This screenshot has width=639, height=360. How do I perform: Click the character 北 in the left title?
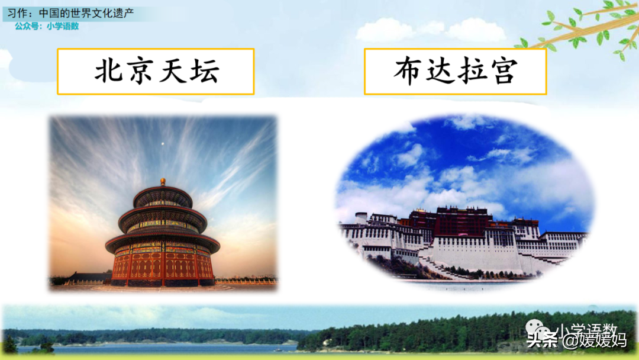pos(109,71)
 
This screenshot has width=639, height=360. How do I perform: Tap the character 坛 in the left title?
pos(204,71)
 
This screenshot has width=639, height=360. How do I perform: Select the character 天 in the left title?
pos(173,71)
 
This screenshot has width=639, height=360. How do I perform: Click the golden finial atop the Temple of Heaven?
pos(163,182)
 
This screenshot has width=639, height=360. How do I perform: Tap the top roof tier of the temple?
pos(163,196)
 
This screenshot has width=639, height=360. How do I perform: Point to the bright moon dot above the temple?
pos(163,143)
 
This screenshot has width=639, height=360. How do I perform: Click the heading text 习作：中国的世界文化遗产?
pos(70,13)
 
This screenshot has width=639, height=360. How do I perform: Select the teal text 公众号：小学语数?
pos(47,26)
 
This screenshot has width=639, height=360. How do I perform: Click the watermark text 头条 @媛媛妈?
pos(576,340)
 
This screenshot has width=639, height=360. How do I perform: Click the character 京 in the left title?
pos(141,71)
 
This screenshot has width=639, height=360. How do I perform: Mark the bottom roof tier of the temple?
pos(163,242)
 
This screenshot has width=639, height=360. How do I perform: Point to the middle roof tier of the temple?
pos(163,218)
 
